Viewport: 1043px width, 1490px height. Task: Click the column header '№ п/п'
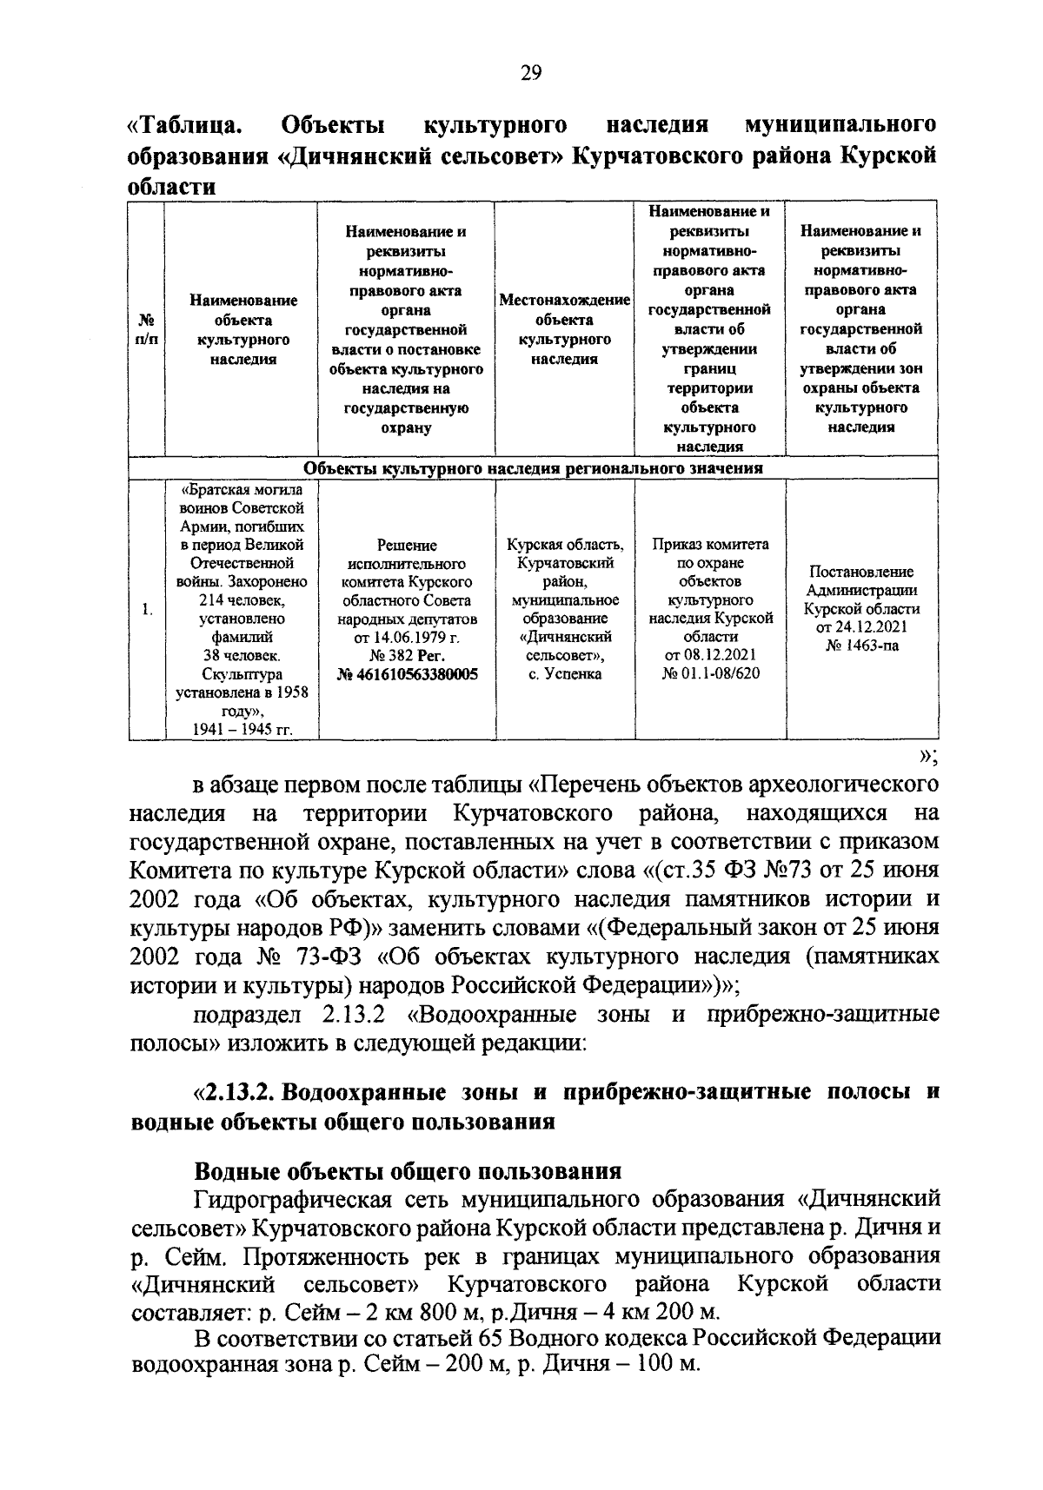(x=146, y=330)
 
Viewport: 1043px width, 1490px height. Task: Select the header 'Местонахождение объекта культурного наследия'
(x=564, y=329)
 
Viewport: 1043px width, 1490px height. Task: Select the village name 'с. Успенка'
(x=565, y=674)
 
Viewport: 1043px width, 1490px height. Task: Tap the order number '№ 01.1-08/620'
(x=710, y=674)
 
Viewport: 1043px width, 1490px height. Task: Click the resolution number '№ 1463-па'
(x=861, y=646)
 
